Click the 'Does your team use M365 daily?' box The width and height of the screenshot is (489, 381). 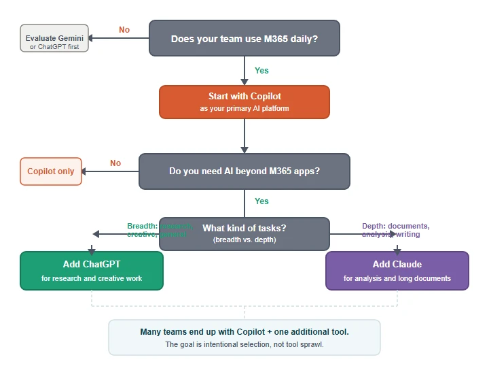tap(244, 38)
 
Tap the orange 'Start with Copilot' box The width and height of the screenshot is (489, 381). tap(244, 101)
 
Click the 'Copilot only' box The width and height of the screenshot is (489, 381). tap(51, 171)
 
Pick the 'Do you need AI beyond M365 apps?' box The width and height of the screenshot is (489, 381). tap(244, 171)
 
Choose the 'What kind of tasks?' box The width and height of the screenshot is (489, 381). tap(244, 233)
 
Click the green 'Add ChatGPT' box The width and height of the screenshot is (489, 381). tap(92, 270)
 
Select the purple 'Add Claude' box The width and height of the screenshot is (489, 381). tap(397, 270)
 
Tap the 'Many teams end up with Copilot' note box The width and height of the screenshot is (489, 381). tap(244, 337)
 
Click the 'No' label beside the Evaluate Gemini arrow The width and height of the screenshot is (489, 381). tap(124, 30)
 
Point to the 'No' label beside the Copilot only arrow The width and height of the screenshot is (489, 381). tap(115, 163)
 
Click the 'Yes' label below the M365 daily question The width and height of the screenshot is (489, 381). tap(261, 71)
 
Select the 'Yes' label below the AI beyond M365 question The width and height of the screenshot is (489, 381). tap(261, 201)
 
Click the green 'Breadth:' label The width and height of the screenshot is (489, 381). tap(143, 226)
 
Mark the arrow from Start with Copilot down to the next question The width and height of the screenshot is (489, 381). tap(244, 136)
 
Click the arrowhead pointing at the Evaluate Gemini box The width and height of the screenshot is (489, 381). tap(94, 38)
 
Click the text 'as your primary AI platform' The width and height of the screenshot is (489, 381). tap(244, 108)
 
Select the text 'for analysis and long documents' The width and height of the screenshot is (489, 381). tap(397, 278)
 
